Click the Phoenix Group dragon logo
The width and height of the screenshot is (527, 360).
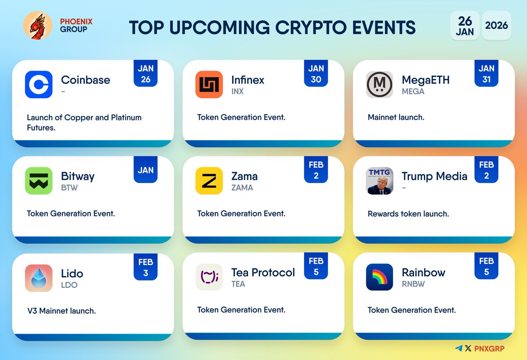(37, 25)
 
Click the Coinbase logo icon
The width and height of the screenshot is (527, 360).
(39, 84)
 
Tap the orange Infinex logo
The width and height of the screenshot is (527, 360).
(209, 84)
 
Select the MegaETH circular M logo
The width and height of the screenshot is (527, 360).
(379, 84)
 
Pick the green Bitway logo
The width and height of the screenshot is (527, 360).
(39, 180)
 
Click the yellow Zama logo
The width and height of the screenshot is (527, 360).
(209, 180)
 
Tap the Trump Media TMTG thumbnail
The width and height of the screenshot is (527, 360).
(379, 180)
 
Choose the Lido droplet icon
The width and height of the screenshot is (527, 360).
(39, 278)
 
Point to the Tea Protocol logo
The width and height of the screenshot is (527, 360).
(209, 277)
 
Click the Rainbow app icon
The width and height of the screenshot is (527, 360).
(379, 277)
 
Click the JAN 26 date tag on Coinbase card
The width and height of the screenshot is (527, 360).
(145, 74)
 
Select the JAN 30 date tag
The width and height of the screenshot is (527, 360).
(316, 74)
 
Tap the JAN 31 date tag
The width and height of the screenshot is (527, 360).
(486, 74)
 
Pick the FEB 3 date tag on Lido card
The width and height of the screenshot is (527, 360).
(145, 267)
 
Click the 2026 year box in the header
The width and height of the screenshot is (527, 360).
(496, 25)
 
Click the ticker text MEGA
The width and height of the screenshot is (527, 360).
(413, 91)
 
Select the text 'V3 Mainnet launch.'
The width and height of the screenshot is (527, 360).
(61, 311)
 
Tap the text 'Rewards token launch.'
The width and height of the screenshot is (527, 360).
(408, 214)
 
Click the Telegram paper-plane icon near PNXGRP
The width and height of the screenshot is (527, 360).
(459, 348)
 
